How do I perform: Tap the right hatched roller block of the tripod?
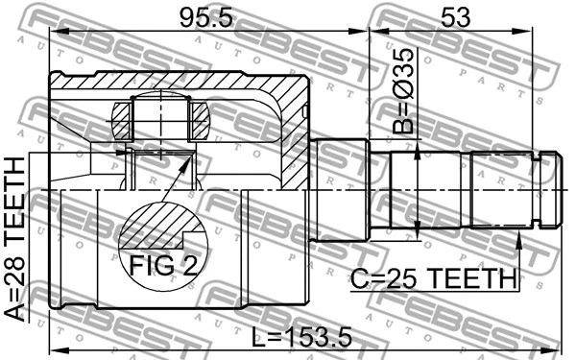point(200,119)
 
